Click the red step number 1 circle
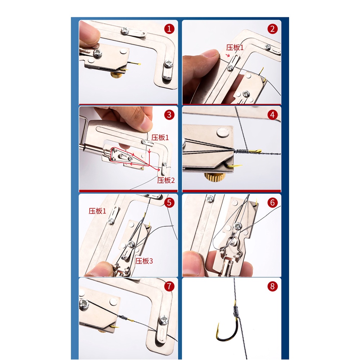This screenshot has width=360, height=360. click(169, 29)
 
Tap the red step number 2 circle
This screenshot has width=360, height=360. click(273, 29)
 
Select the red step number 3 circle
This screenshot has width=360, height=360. click(169, 114)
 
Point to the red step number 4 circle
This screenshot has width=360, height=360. click(273, 114)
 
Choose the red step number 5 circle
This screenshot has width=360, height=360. click(169, 202)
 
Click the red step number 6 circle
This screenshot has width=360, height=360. click(273, 202)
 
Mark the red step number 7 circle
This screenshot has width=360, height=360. click(169, 286)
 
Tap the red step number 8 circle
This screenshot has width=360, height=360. click(273, 286)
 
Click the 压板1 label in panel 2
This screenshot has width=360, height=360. click(235, 48)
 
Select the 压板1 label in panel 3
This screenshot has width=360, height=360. click(160, 138)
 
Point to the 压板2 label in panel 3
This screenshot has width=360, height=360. click(166, 180)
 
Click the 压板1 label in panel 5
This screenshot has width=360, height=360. click(97, 211)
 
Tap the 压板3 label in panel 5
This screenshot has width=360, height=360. click(144, 261)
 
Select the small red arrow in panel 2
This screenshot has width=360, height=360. click(228, 55)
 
